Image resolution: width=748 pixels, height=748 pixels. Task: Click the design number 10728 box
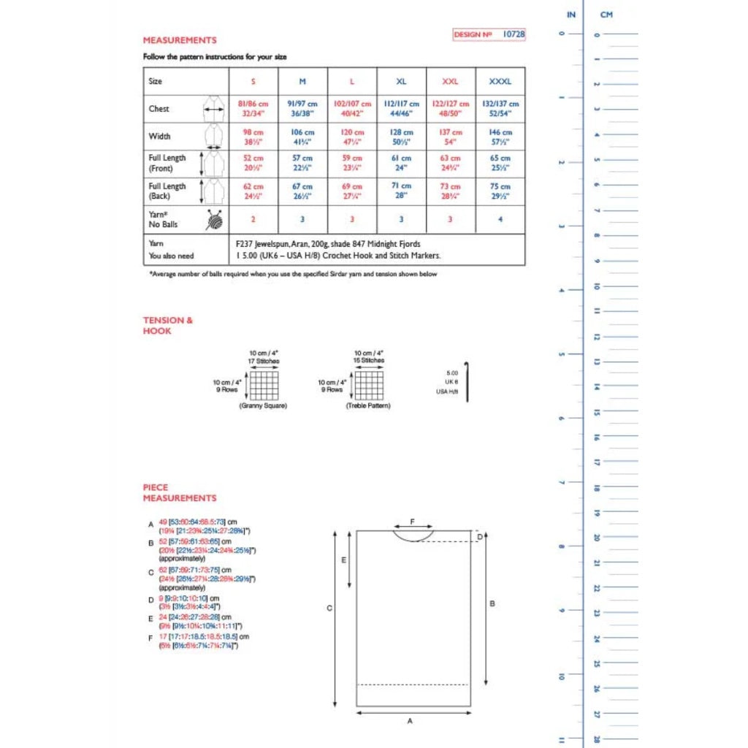click(x=489, y=34)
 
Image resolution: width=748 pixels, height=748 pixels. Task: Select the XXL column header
click(x=451, y=81)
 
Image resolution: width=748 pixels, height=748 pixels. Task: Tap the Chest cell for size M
click(x=302, y=109)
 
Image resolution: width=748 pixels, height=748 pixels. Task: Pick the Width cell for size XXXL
click(x=500, y=137)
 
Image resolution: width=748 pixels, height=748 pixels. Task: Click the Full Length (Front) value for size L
click(x=352, y=163)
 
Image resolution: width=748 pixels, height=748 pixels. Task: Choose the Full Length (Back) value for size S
click(x=253, y=191)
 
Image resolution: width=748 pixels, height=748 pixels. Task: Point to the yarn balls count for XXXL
click(x=500, y=219)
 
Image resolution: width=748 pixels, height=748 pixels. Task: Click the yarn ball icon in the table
click(x=214, y=219)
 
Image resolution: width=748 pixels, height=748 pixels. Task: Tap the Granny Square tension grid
click(x=264, y=385)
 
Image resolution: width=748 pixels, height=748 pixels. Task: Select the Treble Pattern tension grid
click(x=369, y=385)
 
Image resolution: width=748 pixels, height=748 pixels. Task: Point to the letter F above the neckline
click(x=413, y=522)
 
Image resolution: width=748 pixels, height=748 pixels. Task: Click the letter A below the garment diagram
click(x=410, y=721)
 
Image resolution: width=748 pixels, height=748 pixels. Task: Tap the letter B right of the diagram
click(x=492, y=603)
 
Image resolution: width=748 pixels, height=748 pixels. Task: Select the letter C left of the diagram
click(x=329, y=608)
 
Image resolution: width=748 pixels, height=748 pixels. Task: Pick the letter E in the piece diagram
click(x=344, y=560)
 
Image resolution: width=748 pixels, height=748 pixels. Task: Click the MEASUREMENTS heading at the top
click(x=180, y=40)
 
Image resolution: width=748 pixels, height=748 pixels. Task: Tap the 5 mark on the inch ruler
click(x=561, y=354)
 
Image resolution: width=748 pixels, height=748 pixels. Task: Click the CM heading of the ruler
click(x=606, y=15)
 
